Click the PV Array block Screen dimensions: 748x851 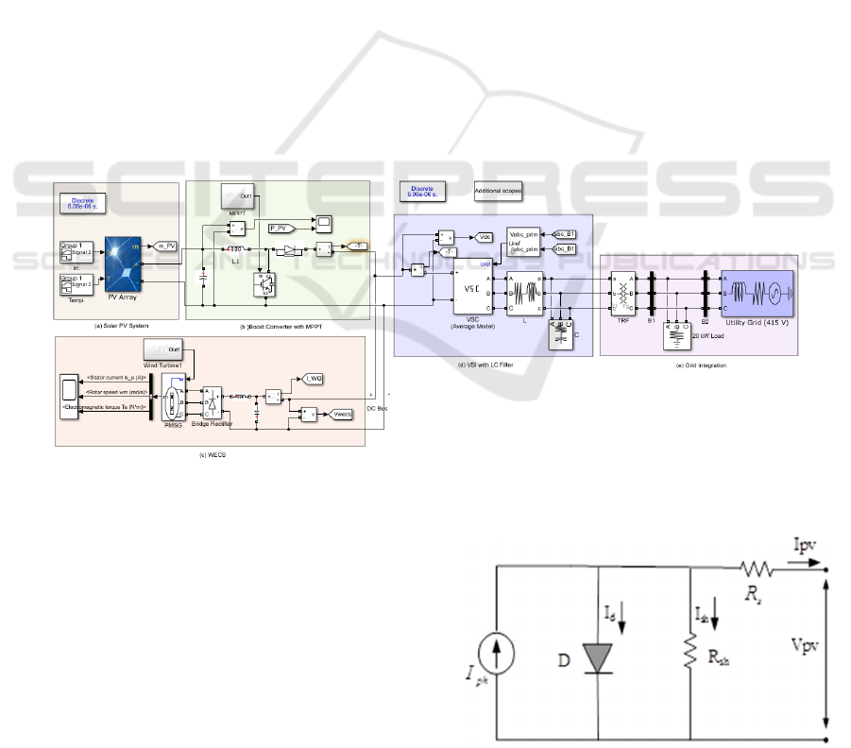124,266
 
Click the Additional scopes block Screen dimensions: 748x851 498,189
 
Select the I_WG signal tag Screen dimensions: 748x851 313,379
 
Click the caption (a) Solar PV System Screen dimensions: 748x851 116,326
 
